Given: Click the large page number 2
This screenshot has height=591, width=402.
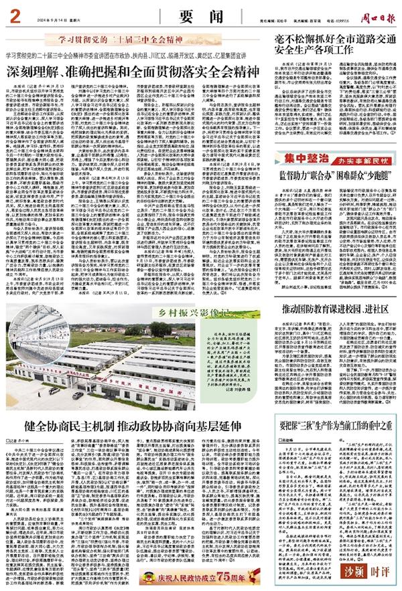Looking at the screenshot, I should pyautogui.click(x=13, y=11).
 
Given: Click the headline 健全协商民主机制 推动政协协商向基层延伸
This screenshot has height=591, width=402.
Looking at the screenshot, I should pyautogui.click(x=135, y=426).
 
